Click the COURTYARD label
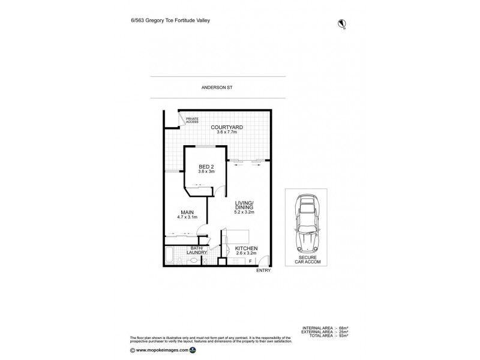pos(226,127)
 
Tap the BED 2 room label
pos(206,166)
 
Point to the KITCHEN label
pos(246,248)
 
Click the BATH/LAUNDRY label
pos(199,250)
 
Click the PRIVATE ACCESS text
pos(192,121)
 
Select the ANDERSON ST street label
pos(217,88)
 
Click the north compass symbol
pos(342,24)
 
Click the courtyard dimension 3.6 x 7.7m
pos(226,132)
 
